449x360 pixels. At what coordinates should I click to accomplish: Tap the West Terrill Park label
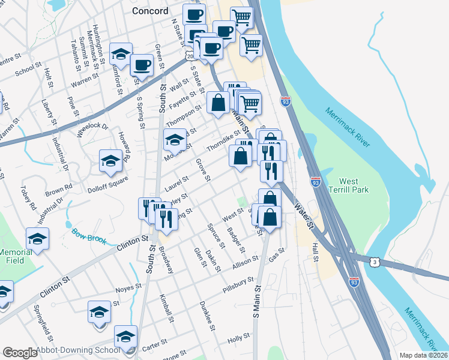click(x=353, y=185)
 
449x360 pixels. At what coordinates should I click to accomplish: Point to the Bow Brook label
click(x=89, y=236)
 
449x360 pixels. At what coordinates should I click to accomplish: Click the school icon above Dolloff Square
click(x=110, y=160)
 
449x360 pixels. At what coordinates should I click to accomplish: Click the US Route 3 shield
click(x=375, y=262)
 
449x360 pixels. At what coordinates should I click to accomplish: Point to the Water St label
click(x=304, y=216)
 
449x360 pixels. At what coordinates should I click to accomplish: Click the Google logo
click(x=20, y=353)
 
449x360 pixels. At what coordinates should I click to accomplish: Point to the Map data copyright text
click(x=424, y=355)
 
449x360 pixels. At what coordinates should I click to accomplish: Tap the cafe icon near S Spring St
click(x=142, y=64)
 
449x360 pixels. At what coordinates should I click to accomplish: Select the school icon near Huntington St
click(x=121, y=53)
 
